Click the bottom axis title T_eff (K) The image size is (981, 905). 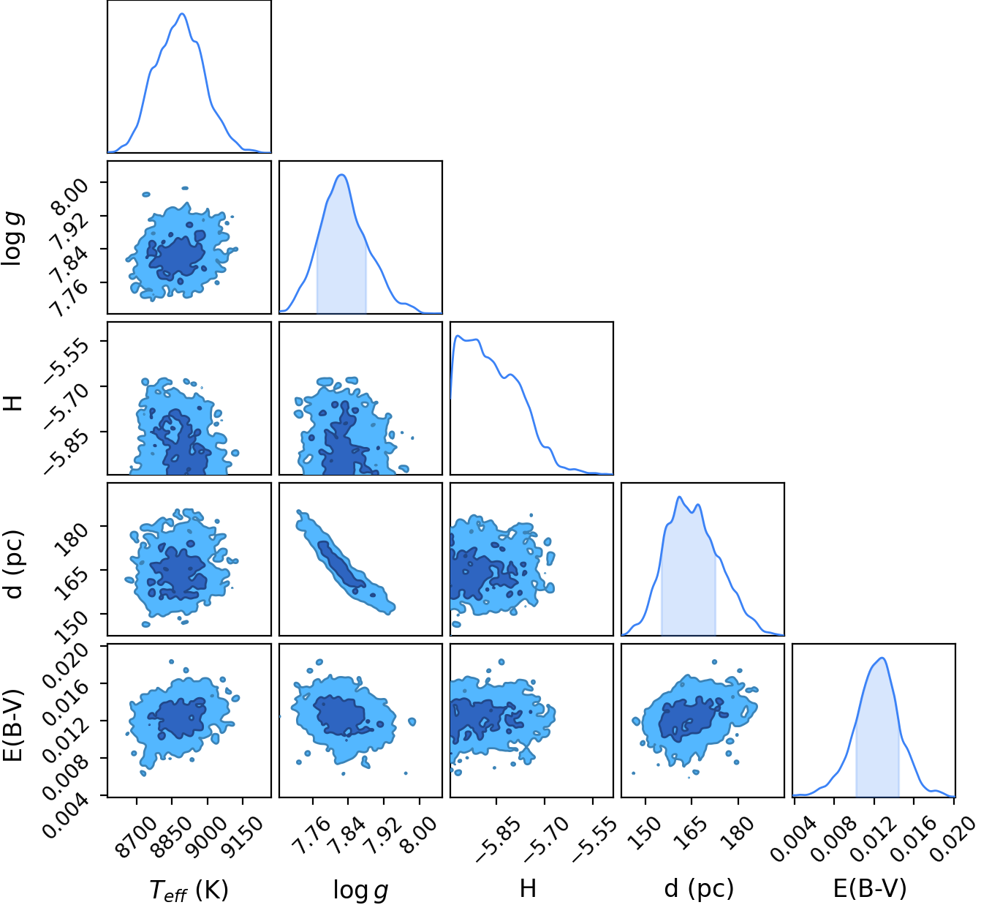point(189,889)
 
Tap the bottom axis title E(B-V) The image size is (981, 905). point(870,888)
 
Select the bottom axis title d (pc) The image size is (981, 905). point(699,888)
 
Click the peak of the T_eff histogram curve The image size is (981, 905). point(182,13)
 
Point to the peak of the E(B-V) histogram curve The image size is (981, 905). point(882,658)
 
